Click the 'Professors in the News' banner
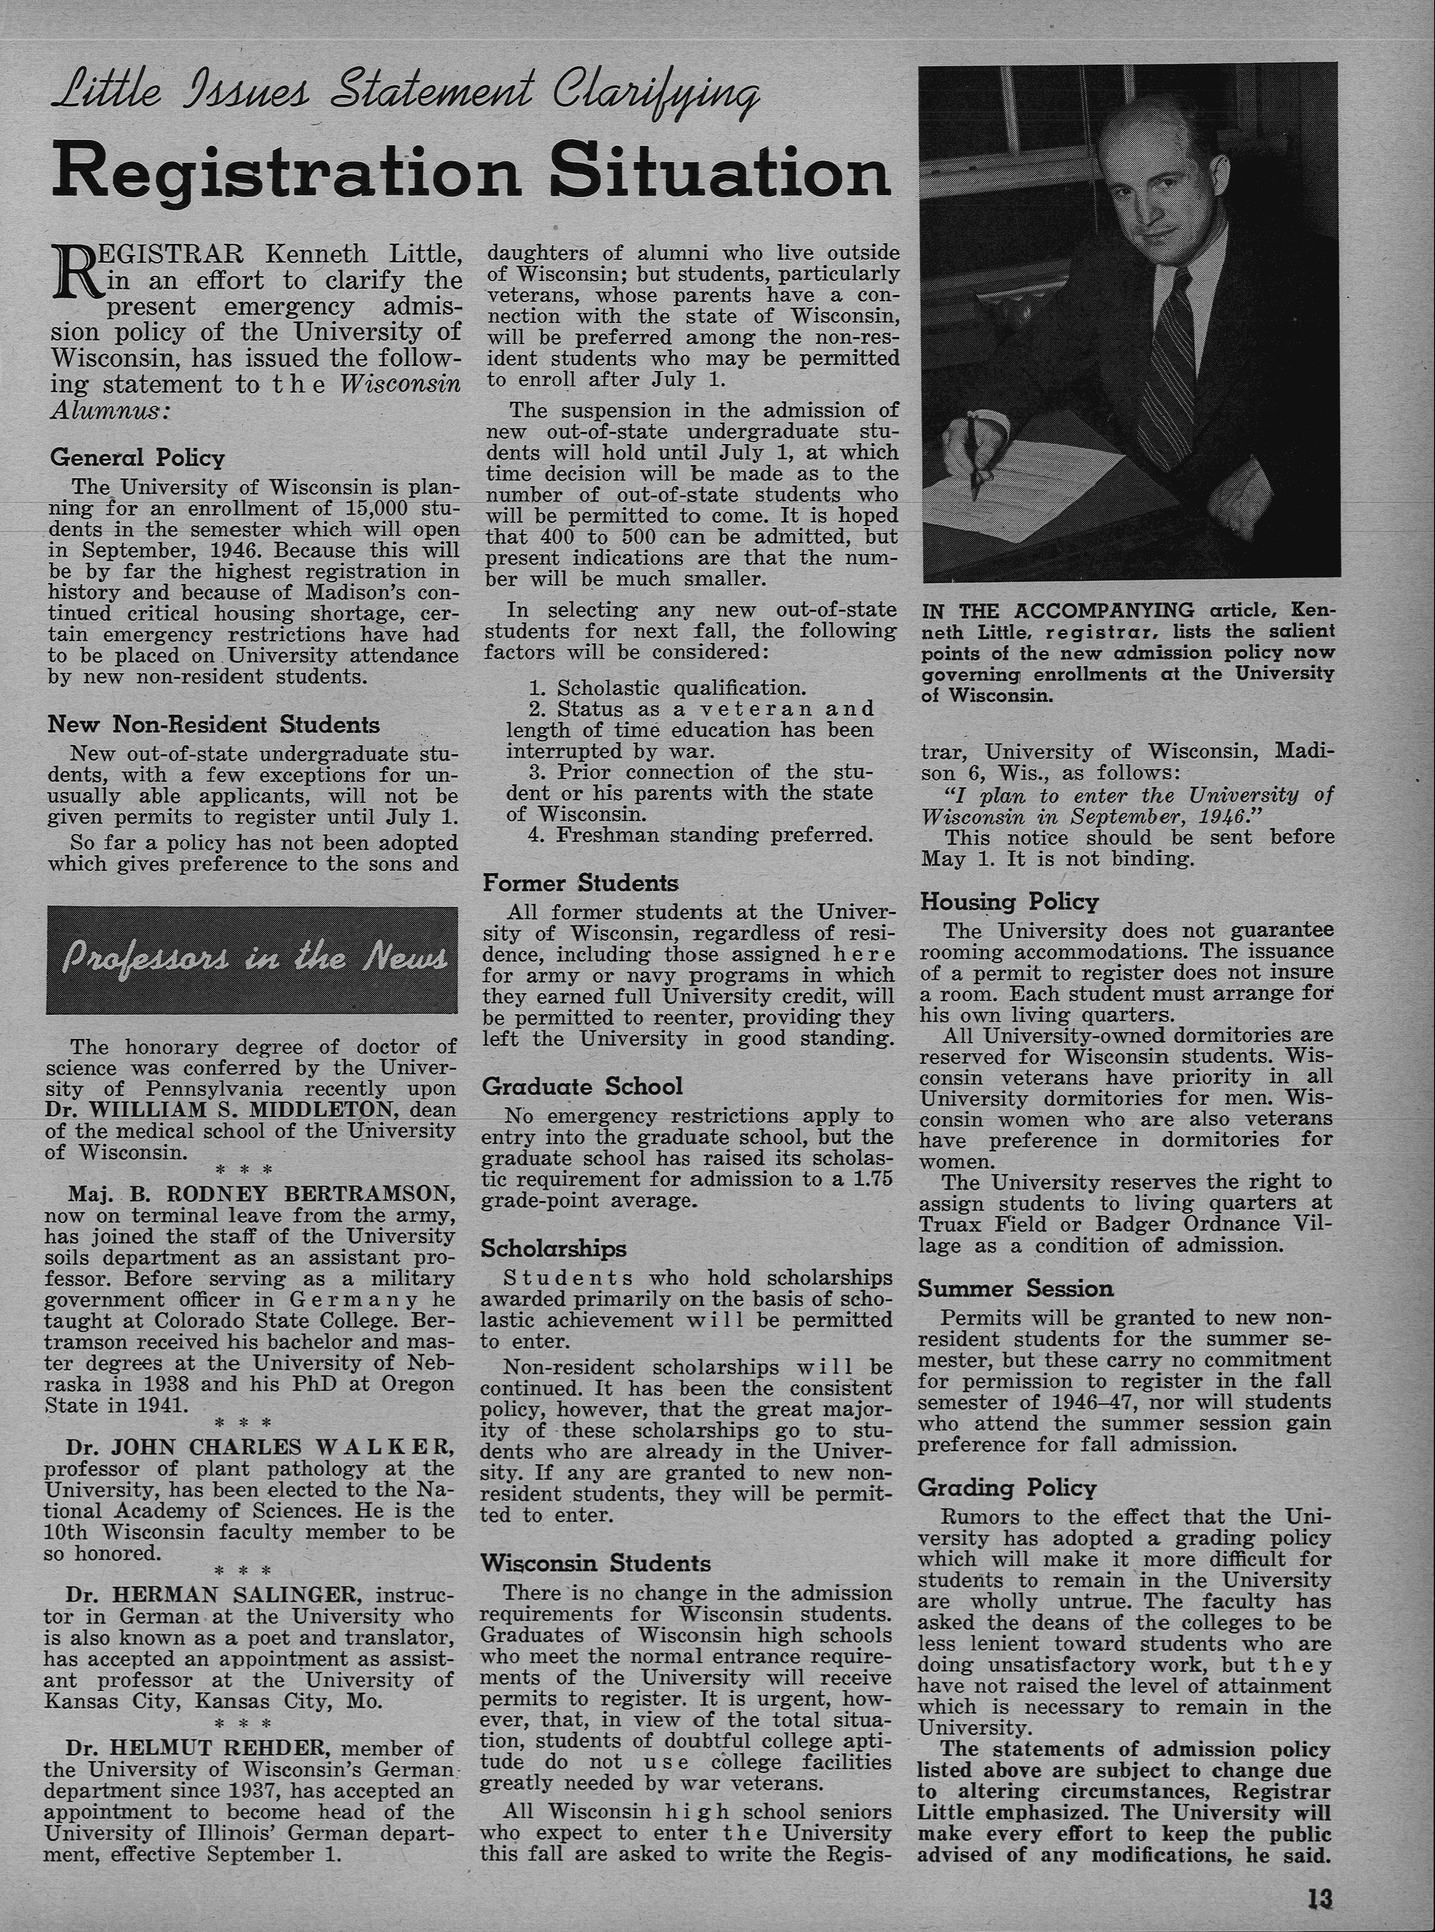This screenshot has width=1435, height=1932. click(x=252, y=959)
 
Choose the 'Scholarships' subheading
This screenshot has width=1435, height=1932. click(x=553, y=1248)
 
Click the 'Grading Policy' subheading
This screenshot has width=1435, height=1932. click(x=1007, y=1488)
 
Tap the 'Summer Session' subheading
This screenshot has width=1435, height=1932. click(x=1015, y=1288)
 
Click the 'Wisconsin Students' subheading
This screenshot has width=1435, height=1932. click(x=596, y=1564)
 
